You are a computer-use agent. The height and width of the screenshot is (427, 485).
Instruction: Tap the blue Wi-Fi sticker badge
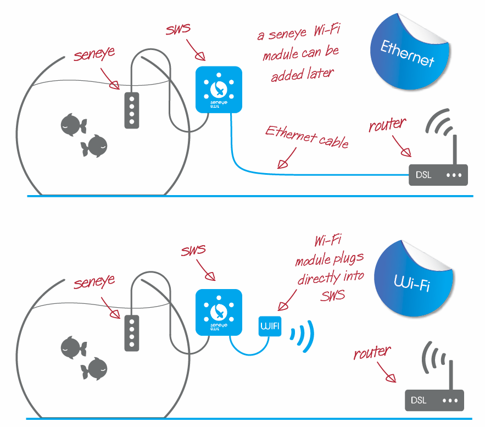point(411,284)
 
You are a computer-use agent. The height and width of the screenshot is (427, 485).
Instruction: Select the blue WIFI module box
point(270,327)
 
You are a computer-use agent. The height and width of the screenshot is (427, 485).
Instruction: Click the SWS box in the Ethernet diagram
point(219,90)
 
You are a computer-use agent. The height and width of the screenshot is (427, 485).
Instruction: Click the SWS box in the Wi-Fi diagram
point(219,312)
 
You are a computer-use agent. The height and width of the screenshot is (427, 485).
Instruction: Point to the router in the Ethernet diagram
point(438,175)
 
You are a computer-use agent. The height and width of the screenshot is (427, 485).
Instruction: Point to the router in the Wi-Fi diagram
point(434,400)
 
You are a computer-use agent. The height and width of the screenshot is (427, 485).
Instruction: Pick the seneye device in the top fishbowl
point(132,110)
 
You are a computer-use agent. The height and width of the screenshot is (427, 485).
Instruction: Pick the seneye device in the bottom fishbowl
point(132,332)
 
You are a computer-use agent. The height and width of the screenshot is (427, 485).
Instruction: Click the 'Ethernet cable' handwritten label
point(306,137)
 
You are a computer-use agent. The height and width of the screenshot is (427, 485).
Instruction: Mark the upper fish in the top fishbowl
point(73,124)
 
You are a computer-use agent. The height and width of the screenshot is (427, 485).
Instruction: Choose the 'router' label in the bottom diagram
point(373,352)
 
